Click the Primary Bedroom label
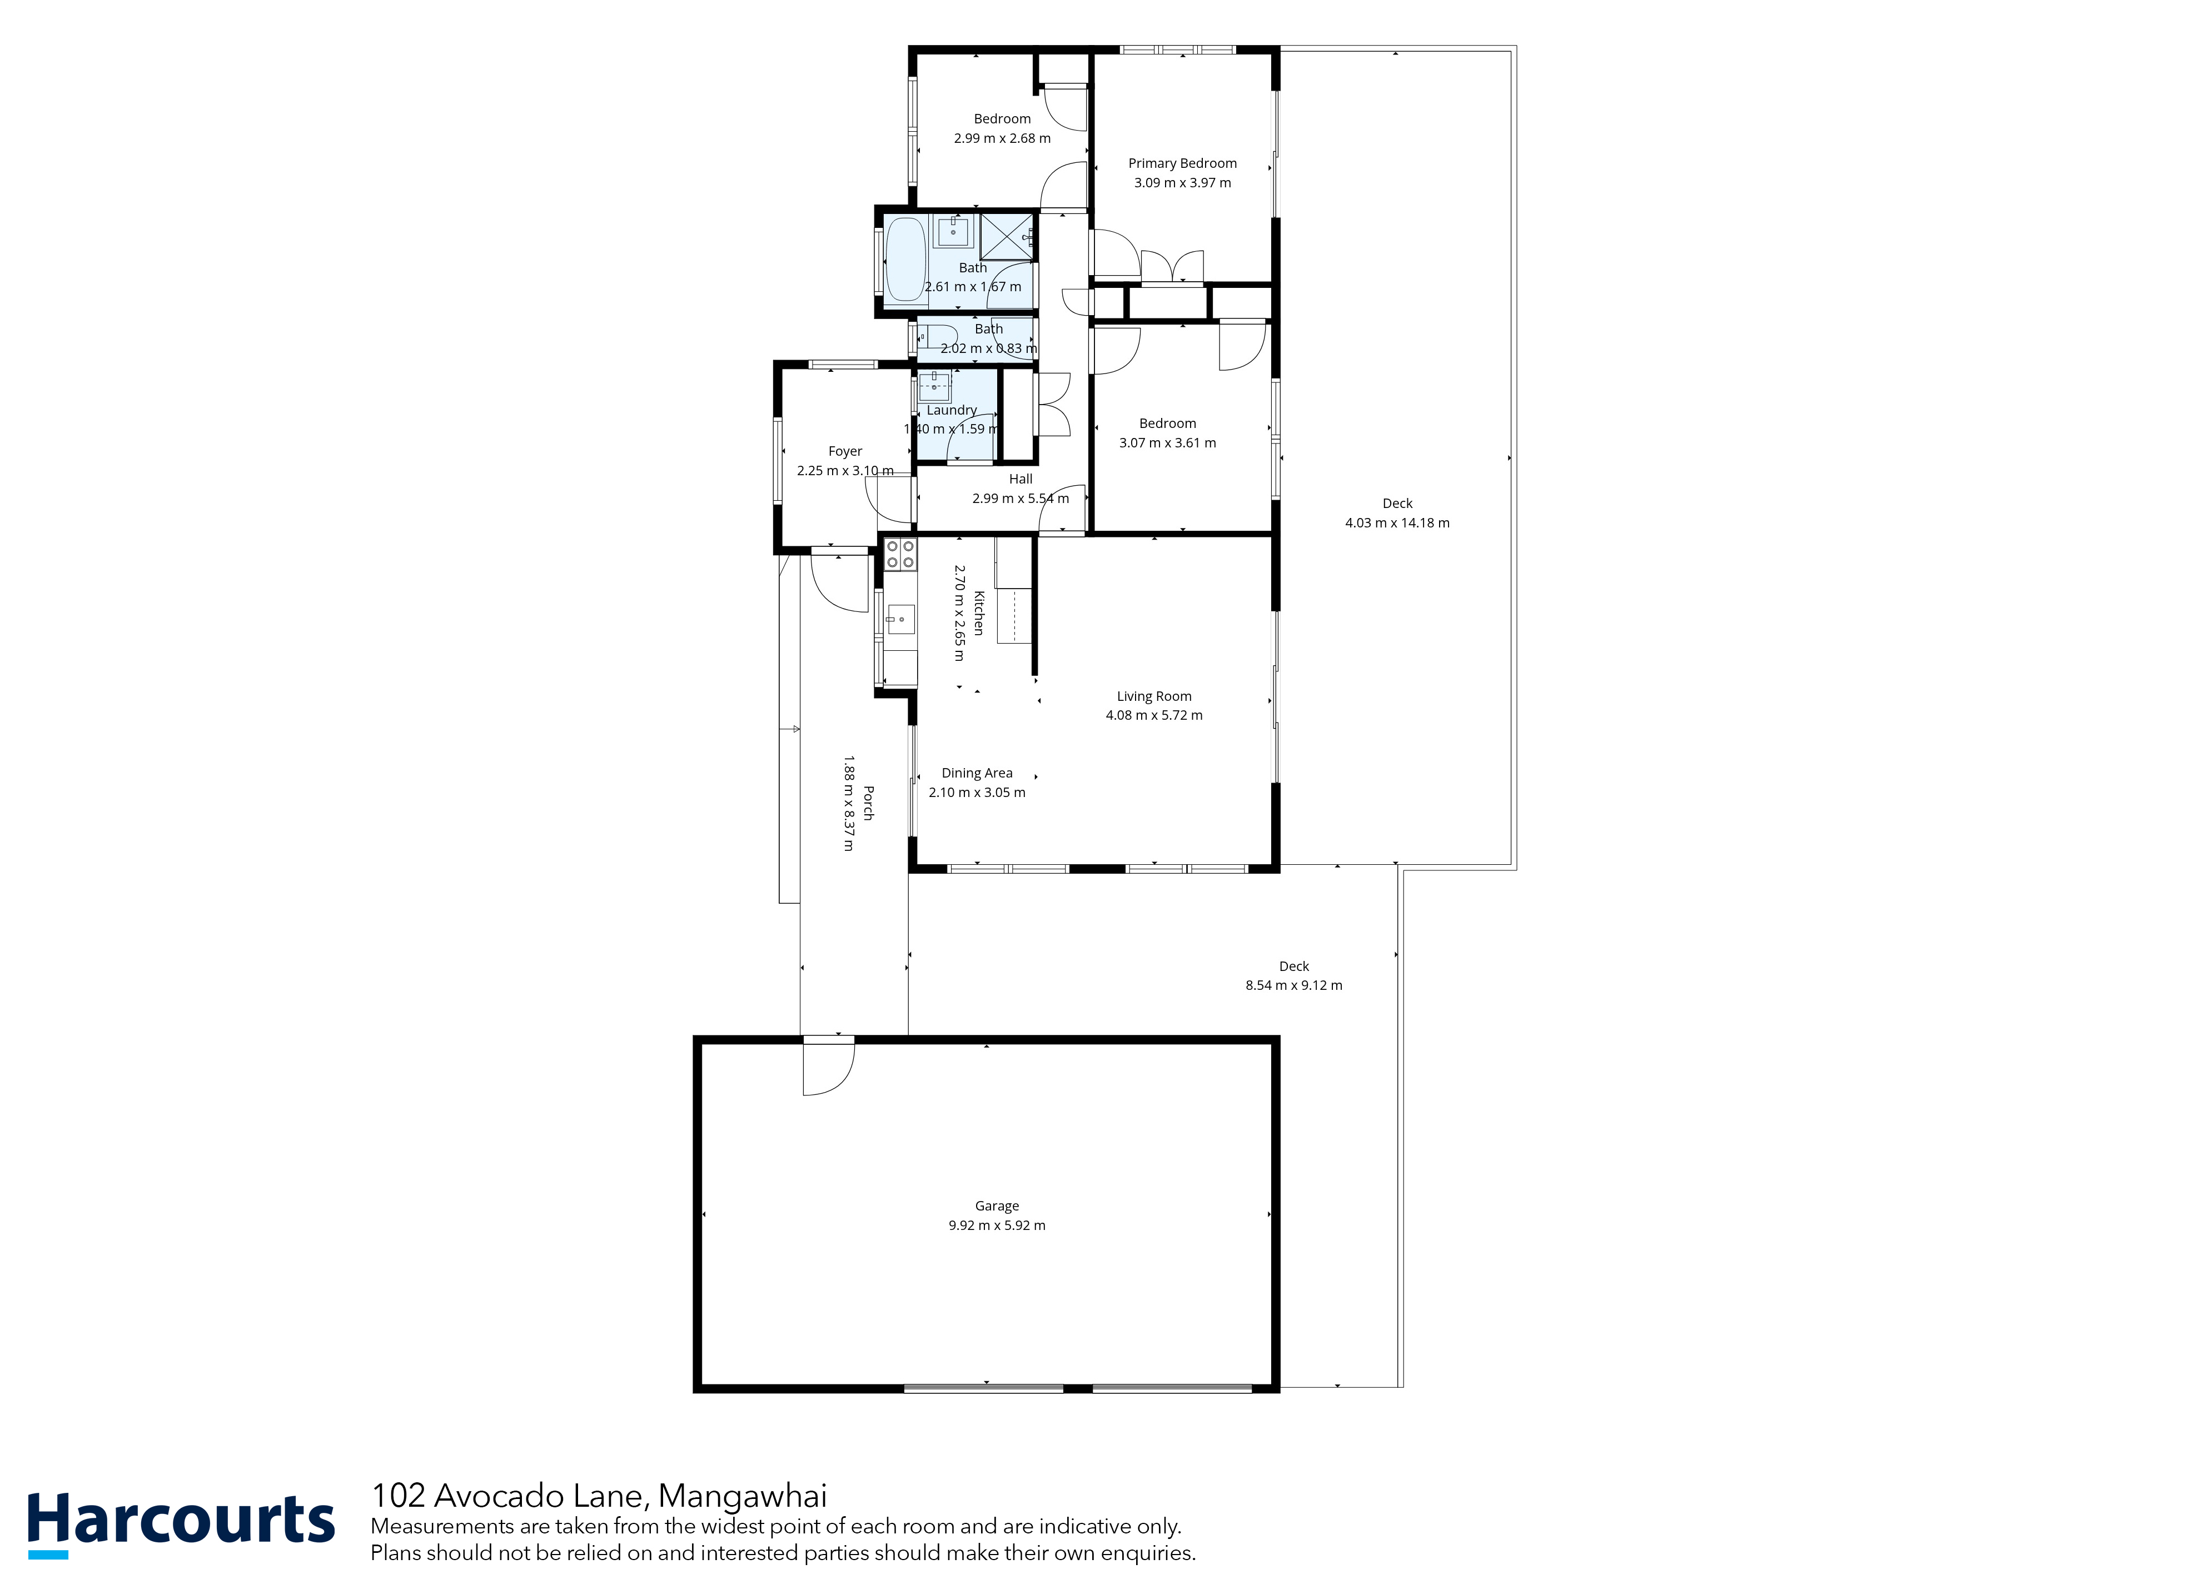1182,163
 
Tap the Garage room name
997,1206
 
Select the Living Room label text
1154,696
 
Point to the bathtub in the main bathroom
905,258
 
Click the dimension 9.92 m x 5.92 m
997,1225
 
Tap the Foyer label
845,451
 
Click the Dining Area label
977,773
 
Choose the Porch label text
868,803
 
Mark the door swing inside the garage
828,1069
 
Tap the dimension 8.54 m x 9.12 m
1294,985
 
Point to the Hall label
1021,479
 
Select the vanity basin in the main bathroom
953,231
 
